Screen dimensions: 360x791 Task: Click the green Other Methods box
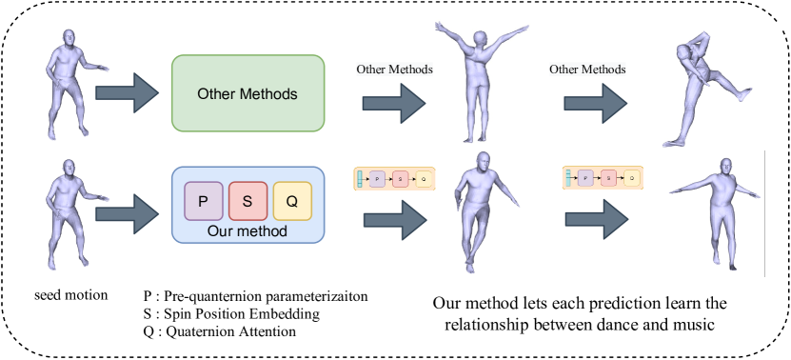247,93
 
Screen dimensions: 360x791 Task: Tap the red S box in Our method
247,200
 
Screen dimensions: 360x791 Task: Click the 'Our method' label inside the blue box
247,231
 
